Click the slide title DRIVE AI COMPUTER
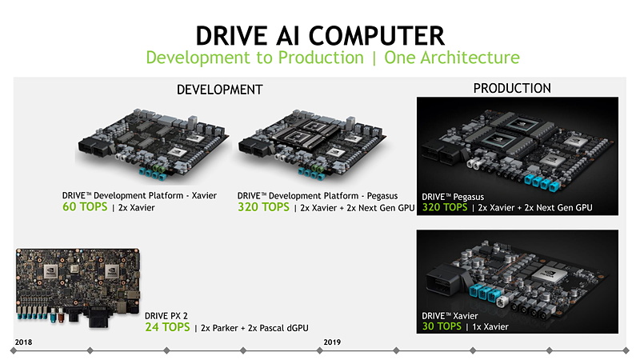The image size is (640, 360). click(320, 35)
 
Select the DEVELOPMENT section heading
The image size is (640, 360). click(219, 90)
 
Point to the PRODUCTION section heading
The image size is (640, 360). click(512, 88)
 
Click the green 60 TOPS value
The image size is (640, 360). click(85, 206)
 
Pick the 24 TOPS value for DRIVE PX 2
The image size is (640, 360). click(167, 327)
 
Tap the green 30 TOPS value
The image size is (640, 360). click(442, 326)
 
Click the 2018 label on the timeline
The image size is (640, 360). click(23, 342)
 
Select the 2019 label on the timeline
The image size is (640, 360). click(332, 342)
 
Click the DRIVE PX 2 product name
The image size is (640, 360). click(166, 315)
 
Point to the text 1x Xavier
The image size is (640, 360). click(490, 326)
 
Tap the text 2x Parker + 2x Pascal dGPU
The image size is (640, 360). click(254, 328)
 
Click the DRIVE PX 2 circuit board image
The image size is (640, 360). click(78, 287)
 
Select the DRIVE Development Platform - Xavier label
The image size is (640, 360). click(139, 195)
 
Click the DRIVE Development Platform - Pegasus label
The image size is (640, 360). click(317, 196)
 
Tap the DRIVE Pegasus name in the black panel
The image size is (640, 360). click(453, 197)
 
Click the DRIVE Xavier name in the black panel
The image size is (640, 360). click(450, 316)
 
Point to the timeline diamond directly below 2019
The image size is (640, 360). click(319, 350)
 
